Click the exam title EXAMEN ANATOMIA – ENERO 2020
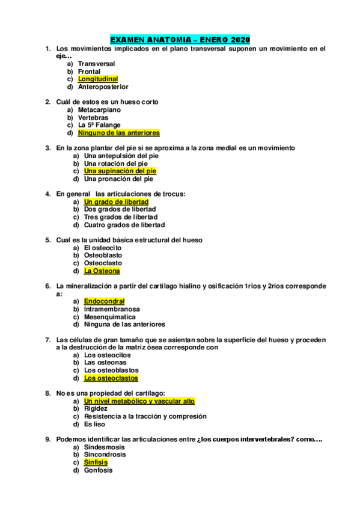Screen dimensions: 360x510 180,39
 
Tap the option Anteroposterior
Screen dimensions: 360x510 103,87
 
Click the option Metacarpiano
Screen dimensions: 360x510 99,110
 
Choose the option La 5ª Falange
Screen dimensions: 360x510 99,125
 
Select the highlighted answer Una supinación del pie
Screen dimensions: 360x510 120,171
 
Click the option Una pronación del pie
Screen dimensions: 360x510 118,179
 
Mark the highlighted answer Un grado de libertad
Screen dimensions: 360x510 116,202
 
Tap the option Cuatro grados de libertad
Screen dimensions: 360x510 124,225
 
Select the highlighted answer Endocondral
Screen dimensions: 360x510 104,301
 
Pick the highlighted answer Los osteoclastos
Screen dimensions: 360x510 111,378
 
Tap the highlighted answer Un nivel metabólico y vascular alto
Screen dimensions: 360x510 139,401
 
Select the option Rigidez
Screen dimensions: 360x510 96,408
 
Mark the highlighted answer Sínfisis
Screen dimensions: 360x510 96,462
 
